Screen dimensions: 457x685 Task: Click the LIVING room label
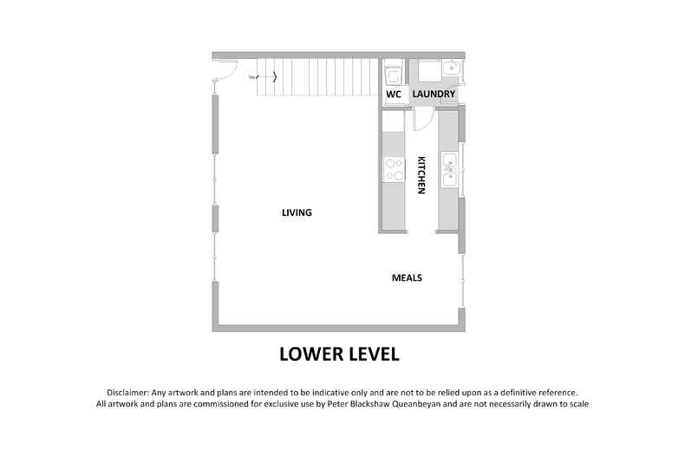297,212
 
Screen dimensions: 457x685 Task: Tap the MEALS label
407,277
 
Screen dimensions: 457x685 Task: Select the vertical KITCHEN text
421,175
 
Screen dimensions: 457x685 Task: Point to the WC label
393,93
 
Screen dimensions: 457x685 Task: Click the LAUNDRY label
434,93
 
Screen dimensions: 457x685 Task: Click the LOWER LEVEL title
338,354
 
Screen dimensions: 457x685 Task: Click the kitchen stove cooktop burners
393,169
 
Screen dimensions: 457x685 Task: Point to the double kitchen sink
449,170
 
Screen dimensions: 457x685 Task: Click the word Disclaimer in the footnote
128,393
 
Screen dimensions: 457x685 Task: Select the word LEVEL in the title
370,354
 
